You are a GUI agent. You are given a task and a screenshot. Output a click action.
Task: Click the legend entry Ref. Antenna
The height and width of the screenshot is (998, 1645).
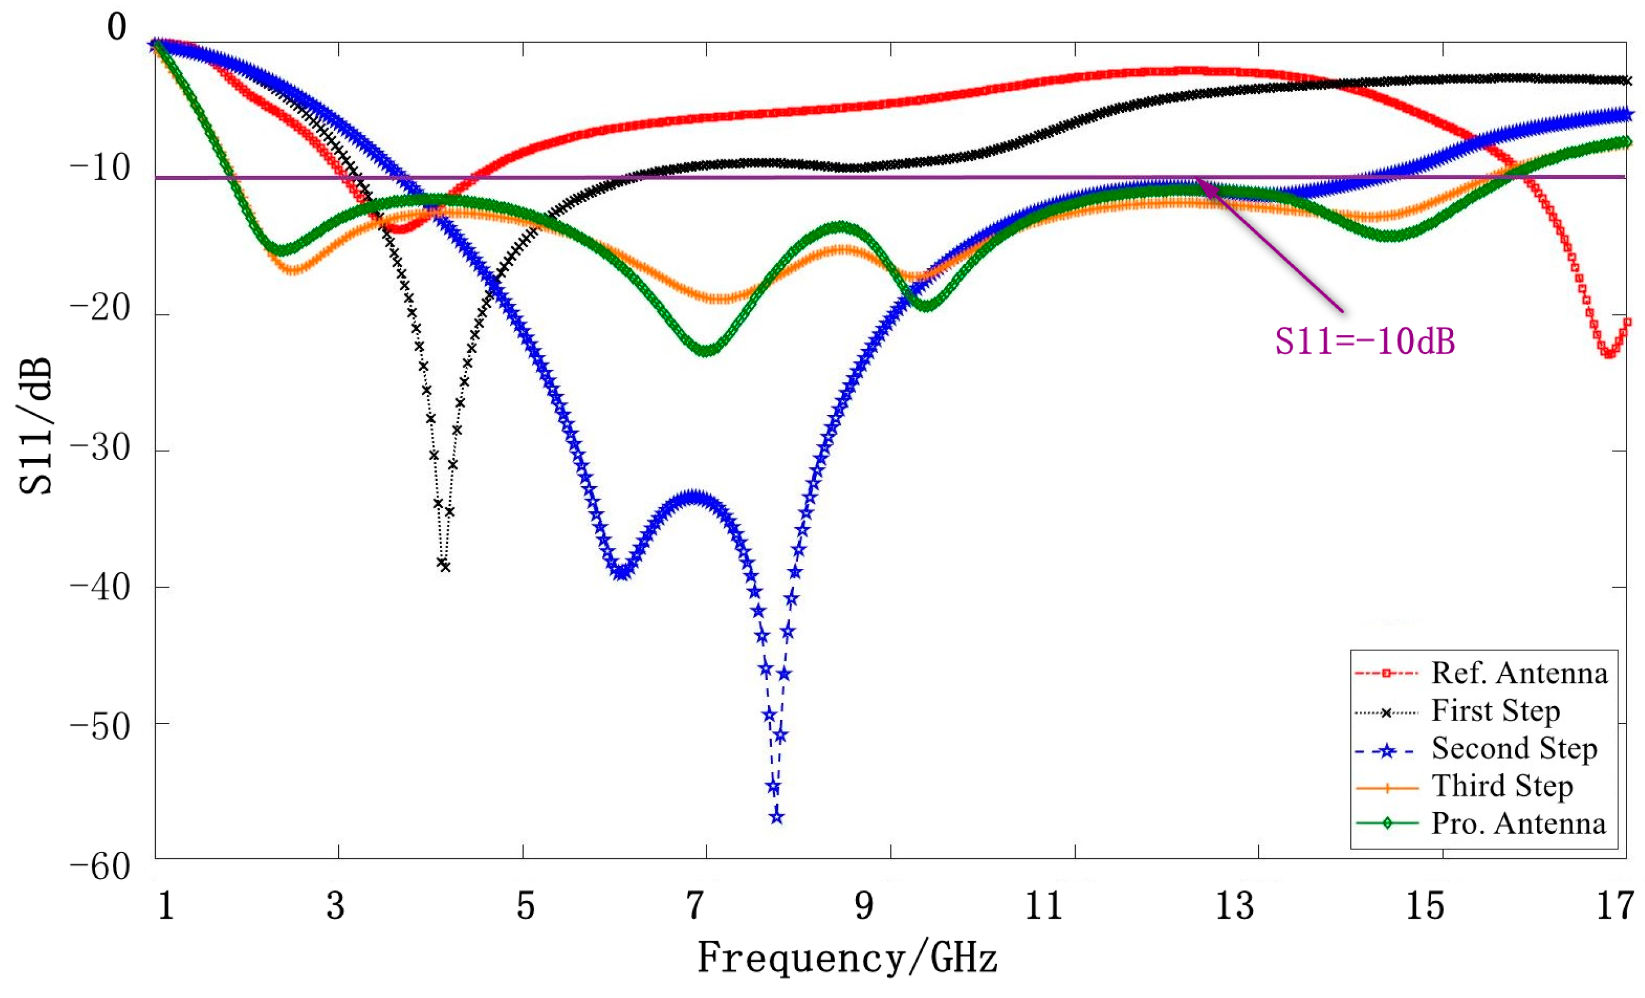[1519, 673]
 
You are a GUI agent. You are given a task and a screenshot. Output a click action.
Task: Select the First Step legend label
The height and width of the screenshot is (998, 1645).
[1495, 711]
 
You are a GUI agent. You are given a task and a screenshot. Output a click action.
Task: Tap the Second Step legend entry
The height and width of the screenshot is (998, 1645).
[1514, 748]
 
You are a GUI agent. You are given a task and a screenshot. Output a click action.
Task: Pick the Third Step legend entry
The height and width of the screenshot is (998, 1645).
[1502, 786]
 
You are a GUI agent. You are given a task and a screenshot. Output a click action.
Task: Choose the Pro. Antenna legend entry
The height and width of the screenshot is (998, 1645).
[1518, 824]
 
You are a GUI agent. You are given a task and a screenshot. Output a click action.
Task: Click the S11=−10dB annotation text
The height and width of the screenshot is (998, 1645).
[1364, 341]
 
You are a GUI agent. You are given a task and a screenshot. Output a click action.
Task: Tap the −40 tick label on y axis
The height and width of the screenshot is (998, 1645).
[100, 588]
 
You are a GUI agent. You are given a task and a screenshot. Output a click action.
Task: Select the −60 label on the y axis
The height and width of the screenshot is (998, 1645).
[100, 867]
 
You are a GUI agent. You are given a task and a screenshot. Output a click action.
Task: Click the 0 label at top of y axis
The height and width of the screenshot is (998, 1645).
[117, 27]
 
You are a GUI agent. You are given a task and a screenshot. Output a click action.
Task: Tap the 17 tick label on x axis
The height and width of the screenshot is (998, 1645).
[1614, 906]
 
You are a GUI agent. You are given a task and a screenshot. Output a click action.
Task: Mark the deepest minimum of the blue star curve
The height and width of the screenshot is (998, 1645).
[776, 817]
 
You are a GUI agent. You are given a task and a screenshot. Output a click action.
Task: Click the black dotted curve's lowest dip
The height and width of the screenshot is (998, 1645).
[444, 565]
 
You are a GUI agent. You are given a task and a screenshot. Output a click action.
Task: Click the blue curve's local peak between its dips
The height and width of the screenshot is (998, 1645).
[694, 498]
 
